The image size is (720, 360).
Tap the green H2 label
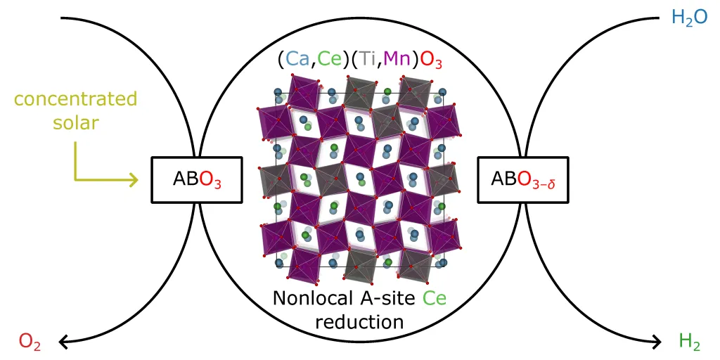click(x=690, y=342)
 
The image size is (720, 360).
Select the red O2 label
click(x=30, y=342)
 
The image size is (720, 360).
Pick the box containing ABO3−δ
click(x=522, y=180)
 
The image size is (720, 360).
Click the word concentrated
click(x=76, y=99)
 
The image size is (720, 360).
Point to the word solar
click(x=75, y=122)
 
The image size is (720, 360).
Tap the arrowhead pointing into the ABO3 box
click(x=134, y=181)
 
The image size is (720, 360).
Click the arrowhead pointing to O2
click(x=63, y=342)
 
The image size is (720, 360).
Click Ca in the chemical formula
click(x=297, y=60)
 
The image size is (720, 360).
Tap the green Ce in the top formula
click(x=328, y=60)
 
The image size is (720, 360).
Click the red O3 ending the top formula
click(x=432, y=61)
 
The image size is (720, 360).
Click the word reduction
click(x=359, y=322)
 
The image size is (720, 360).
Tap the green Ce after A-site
click(x=435, y=299)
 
